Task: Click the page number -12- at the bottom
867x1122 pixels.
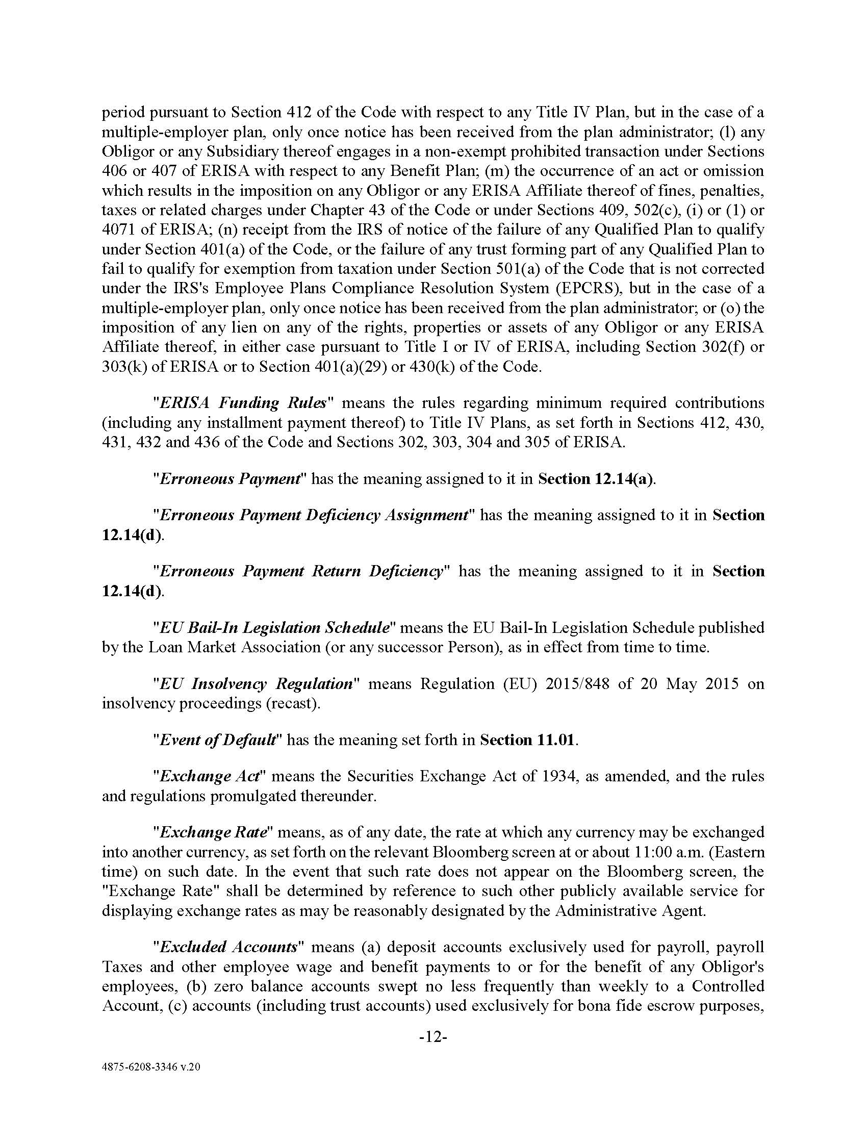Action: pos(433,1037)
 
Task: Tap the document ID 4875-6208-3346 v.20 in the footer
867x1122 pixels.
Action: pos(151,1067)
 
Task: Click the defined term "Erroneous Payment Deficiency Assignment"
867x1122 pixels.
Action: pos(314,515)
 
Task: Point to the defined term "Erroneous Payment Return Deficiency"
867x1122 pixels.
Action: pos(301,571)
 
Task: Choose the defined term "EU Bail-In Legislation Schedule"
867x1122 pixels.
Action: pos(275,627)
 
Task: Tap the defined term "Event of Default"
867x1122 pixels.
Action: pos(218,740)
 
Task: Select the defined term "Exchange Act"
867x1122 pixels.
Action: pos(210,776)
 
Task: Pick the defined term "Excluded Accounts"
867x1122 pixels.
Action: pos(229,947)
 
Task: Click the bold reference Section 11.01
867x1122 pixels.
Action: pos(528,740)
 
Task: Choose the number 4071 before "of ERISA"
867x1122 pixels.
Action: pos(118,229)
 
